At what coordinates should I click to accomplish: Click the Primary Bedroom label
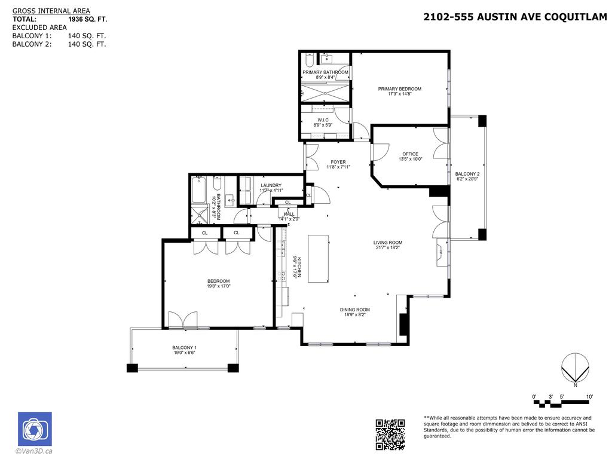pyautogui.click(x=399, y=89)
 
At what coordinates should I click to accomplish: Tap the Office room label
pyautogui.click(x=410, y=154)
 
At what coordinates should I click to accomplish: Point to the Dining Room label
pyautogui.click(x=355, y=310)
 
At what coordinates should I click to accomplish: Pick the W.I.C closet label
pyautogui.click(x=323, y=120)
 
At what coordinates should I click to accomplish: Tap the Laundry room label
pyautogui.click(x=271, y=185)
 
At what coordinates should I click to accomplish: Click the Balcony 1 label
pyautogui.click(x=184, y=348)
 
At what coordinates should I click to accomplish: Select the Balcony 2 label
pyautogui.click(x=468, y=174)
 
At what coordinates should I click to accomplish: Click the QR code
pyautogui.click(x=390, y=434)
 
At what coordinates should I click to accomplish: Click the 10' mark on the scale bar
pyautogui.click(x=589, y=397)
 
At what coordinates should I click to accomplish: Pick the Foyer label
pyautogui.click(x=338, y=162)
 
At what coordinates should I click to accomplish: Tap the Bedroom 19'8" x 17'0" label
pyautogui.click(x=218, y=281)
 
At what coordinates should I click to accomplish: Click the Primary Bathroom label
pyautogui.click(x=325, y=72)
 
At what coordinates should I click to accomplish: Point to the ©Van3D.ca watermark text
pyautogui.click(x=35, y=451)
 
